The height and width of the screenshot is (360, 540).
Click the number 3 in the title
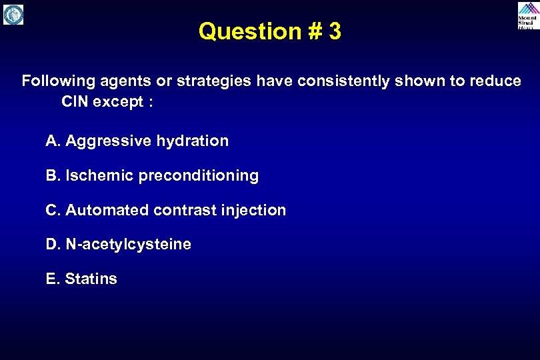(x=334, y=31)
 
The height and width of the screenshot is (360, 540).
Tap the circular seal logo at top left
(x=13, y=15)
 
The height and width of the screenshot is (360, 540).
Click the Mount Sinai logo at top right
(x=527, y=15)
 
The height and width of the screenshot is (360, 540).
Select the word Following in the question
(x=59, y=81)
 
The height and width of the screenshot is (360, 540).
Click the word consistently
(x=339, y=81)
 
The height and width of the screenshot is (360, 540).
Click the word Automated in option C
(x=107, y=211)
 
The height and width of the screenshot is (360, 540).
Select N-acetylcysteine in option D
(x=128, y=245)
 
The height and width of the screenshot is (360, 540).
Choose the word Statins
(x=91, y=279)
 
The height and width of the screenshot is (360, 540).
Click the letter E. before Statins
(x=53, y=279)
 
